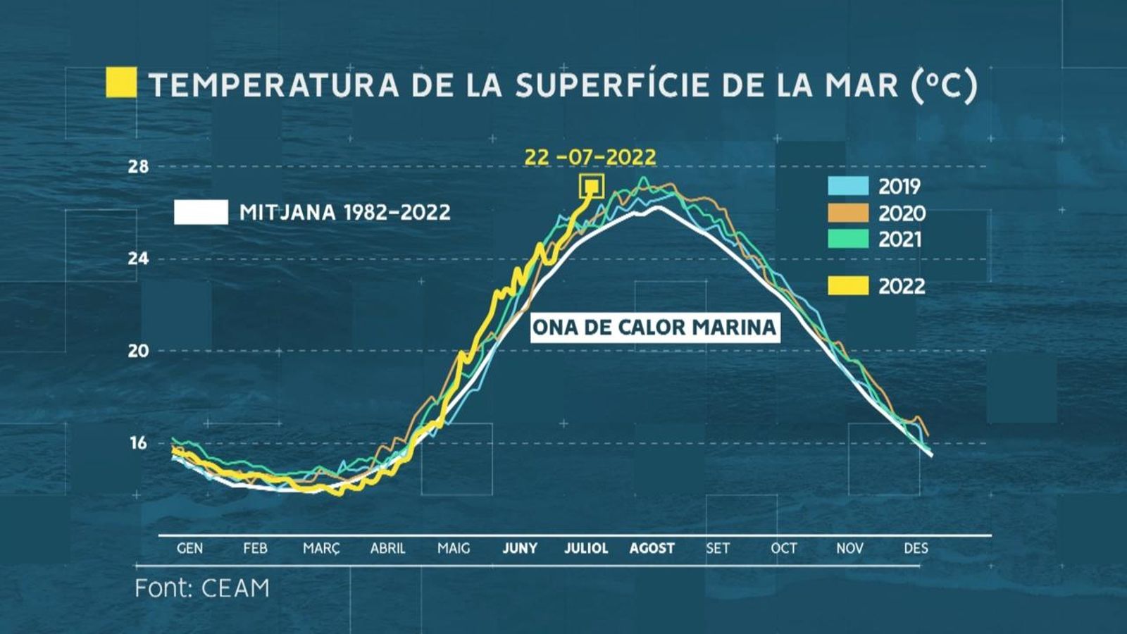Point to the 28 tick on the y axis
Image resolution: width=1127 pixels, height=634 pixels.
click(139, 167)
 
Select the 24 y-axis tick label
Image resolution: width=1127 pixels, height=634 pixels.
click(139, 259)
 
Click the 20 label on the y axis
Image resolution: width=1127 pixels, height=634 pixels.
click(139, 351)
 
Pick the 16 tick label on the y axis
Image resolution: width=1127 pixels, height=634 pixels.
click(139, 443)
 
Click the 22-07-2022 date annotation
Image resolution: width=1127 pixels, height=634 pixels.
click(590, 156)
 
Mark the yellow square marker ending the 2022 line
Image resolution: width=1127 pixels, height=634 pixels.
click(592, 187)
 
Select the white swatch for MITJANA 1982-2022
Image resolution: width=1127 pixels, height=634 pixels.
click(201, 212)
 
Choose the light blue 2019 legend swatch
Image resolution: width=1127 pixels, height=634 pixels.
click(848, 186)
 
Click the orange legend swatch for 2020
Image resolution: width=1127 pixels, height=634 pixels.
click(848, 213)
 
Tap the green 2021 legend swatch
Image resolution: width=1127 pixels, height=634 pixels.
click(848, 240)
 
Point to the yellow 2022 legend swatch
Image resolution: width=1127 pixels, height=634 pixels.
click(848, 286)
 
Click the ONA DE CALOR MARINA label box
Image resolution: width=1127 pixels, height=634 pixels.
click(654, 328)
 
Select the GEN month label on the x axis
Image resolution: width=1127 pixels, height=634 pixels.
click(189, 548)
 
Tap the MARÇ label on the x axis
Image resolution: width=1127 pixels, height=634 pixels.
click(321, 548)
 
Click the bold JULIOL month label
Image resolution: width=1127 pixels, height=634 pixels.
click(586, 548)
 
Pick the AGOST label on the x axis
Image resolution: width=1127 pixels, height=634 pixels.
click(652, 548)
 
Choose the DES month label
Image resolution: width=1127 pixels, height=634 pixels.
click(916, 548)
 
